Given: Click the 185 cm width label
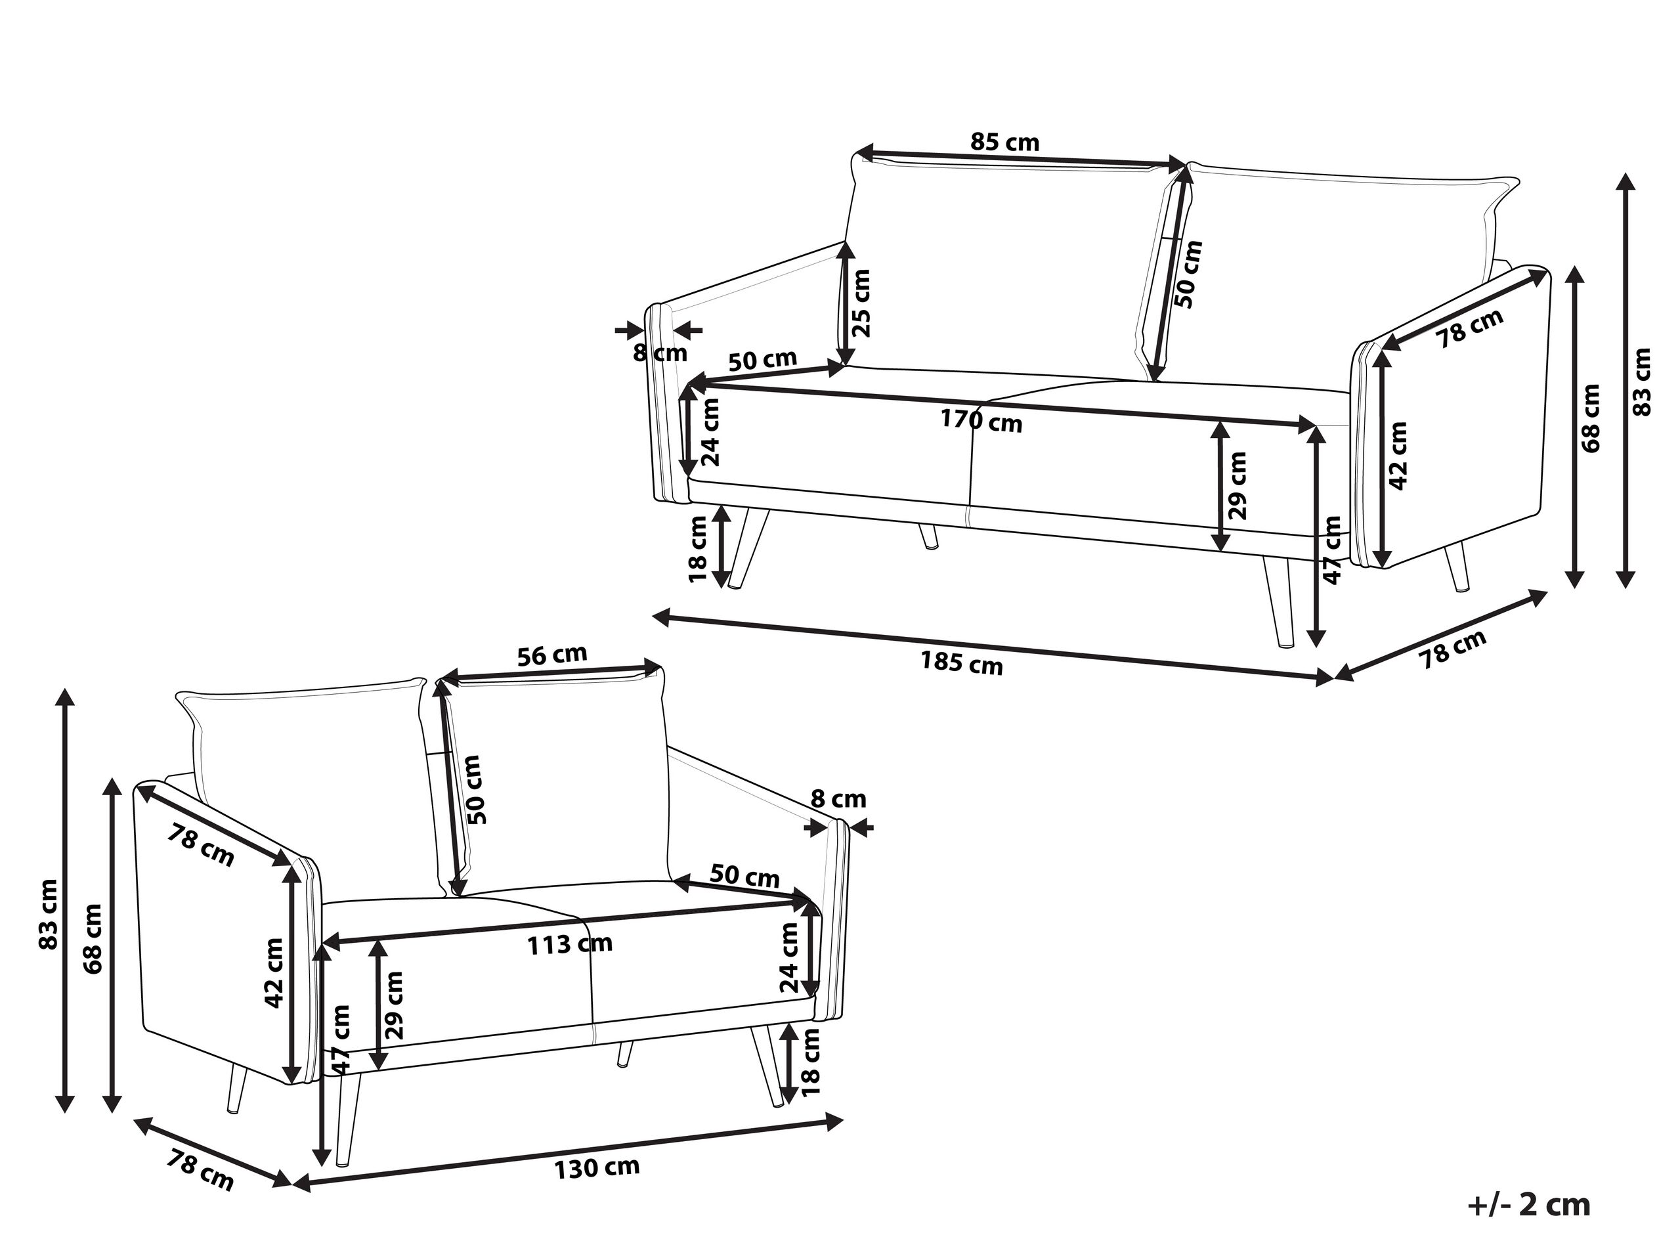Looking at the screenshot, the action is (962, 664).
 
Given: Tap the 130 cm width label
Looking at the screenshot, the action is (596, 1167).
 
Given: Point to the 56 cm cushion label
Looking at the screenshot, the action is (552, 655).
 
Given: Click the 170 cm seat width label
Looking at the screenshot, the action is (981, 420).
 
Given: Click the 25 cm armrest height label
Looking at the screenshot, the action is (861, 303).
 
